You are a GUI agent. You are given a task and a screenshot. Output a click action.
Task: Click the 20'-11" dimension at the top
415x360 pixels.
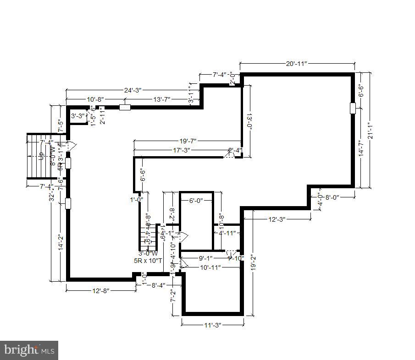(x=296, y=64)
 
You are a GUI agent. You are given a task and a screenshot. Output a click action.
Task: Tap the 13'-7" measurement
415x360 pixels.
(x=161, y=99)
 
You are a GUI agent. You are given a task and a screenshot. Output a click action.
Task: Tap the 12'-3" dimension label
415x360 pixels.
(x=277, y=219)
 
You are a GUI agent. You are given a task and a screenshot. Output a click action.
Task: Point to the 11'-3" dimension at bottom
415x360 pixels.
(x=212, y=325)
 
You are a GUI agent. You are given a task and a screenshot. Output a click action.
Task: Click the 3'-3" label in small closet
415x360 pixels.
(x=78, y=116)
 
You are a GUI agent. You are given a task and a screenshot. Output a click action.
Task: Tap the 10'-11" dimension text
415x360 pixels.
(x=210, y=267)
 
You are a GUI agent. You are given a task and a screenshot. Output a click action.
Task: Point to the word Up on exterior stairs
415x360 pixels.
(x=41, y=156)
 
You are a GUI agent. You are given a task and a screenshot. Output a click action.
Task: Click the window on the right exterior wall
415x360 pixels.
(x=353, y=108)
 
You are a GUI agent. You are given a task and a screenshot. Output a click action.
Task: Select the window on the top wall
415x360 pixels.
(x=125, y=107)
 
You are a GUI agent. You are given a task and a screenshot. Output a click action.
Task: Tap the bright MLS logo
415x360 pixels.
(x=29, y=350)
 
